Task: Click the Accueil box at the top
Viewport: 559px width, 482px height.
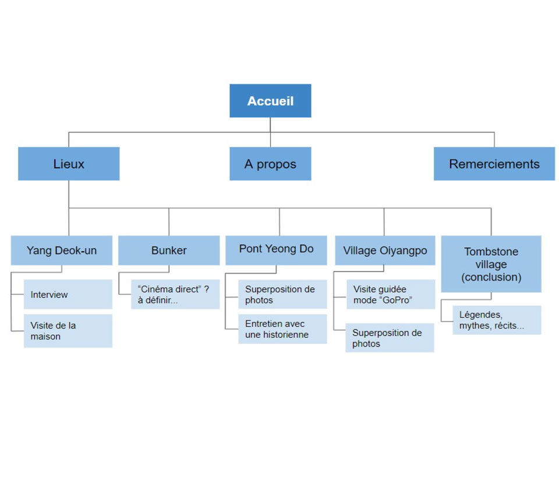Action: coord(270,101)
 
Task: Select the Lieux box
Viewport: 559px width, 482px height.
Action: coord(69,164)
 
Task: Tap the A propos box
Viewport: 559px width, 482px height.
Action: coord(270,164)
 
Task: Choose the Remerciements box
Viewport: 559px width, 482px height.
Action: coord(494,164)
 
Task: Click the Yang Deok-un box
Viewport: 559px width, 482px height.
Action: coord(62,251)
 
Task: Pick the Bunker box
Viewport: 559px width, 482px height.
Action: coord(169,251)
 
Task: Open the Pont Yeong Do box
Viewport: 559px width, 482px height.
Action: coord(276,249)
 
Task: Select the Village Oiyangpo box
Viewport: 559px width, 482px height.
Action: coord(385,251)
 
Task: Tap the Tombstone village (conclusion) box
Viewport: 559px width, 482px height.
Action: coord(491,264)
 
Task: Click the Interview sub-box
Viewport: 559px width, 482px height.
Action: coord(68,294)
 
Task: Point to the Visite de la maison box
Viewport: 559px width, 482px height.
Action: coord(68,331)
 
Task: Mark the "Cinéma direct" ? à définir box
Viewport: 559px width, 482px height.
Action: coord(175,294)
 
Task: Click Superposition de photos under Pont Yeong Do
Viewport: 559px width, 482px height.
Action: coord(282,294)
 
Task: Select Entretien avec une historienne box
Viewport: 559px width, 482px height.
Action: coord(282,329)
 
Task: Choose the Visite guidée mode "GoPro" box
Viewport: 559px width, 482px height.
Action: coord(390,294)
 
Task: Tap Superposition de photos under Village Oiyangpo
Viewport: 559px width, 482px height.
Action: coord(390,338)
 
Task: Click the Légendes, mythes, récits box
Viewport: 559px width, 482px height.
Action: coord(497,320)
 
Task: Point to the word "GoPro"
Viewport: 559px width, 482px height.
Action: coord(399,300)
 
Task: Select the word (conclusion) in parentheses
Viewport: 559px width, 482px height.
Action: coord(491,277)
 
